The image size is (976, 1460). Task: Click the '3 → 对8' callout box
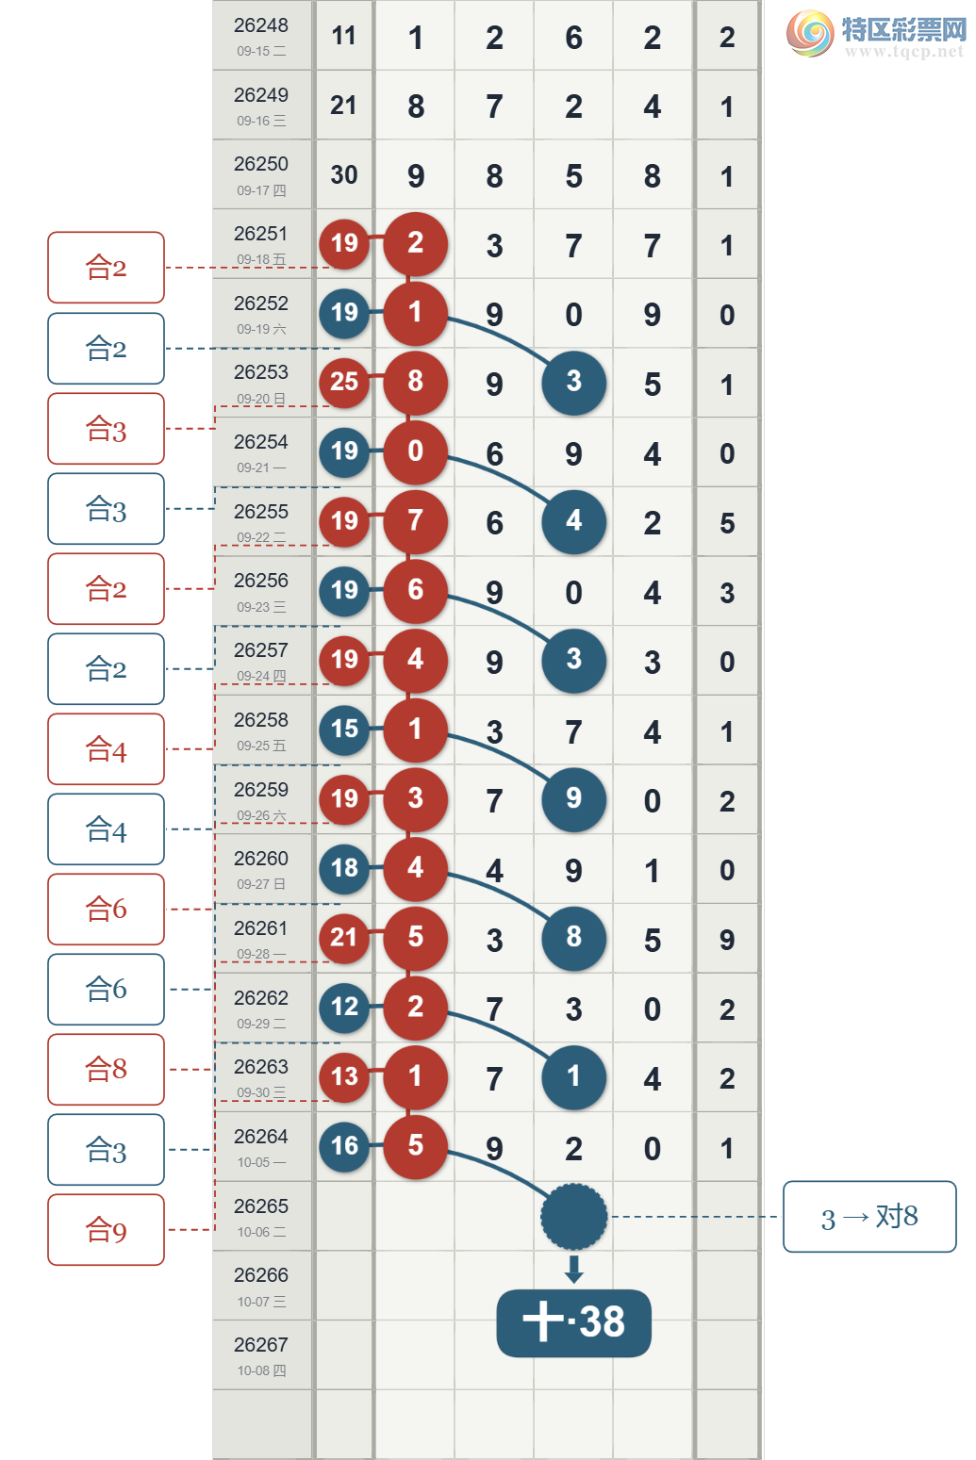click(869, 1216)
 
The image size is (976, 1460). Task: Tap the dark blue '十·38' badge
click(573, 1322)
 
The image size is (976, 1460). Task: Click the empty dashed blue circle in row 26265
click(573, 1216)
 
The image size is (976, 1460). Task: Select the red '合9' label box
click(106, 1229)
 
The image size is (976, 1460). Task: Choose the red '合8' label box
click(106, 1069)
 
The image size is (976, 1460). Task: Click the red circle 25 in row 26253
click(344, 382)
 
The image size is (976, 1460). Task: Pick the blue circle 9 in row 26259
click(573, 799)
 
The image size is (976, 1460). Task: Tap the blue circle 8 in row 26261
click(573, 938)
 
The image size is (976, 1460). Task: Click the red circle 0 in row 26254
click(415, 451)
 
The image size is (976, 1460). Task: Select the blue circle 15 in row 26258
click(344, 730)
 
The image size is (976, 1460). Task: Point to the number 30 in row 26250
click(344, 174)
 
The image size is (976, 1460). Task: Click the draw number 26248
click(261, 25)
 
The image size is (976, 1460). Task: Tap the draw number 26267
click(261, 1344)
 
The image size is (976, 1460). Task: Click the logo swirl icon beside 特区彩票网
click(810, 33)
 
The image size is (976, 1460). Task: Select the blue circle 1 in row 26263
click(573, 1076)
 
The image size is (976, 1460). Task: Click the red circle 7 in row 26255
click(415, 521)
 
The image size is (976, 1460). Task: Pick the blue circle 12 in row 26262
click(344, 1008)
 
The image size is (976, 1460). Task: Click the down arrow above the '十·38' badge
click(573, 1269)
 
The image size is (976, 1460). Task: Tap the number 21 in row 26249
click(343, 106)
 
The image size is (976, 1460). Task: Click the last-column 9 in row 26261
click(727, 940)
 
